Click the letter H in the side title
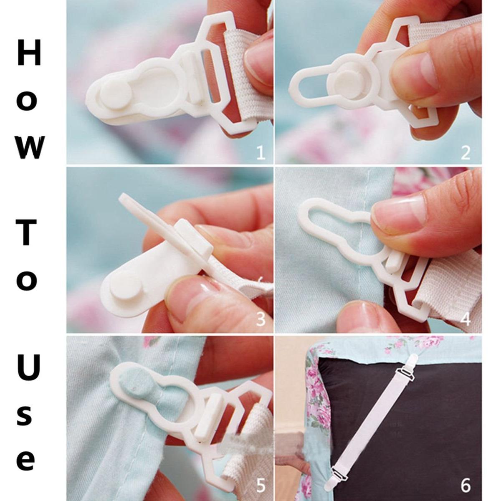pyautogui.click(x=29, y=53)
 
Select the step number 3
pyautogui.click(x=260, y=319)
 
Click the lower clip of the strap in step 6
pyautogui.click(x=340, y=468)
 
